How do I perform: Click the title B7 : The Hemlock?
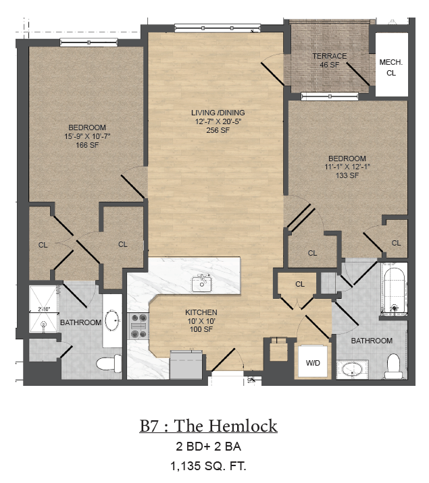pyautogui.click(x=208, y=426)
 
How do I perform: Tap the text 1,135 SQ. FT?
pyautogui.click(x=208, y=465)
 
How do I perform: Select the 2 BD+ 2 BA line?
pyautogui.click(x=208, y=447)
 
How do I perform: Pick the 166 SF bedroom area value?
pyautogui.click(x=87, y=145)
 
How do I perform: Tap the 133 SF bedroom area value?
pyautogui.click(x=346, y=176)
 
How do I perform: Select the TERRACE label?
pyautogui.click(x=329, y=56)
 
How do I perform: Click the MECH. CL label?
pyautogui.click(x=390, y=67)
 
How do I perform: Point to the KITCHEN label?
pyautogui.click(x=201, y=312)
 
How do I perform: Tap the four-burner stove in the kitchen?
pyautogui.click(x=138, y=324)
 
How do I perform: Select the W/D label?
pyautogui.click(x=313, y=363)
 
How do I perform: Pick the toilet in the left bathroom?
pyautogui.click(x=107, y=364)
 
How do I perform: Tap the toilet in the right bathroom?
pyautogui.click(x=394, y=367)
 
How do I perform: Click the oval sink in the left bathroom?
pyautogui.click(x=113, y=319)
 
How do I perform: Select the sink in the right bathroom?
pyautogui.click(x=352, y=370)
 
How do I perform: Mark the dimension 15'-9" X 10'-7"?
pyautogui.click(x=87, y=136)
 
